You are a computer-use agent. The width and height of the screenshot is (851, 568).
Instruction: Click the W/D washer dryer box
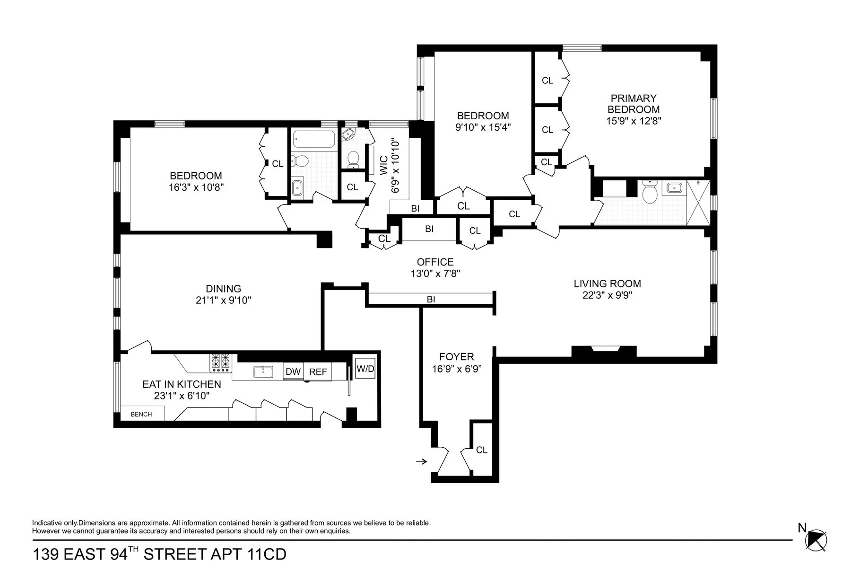[x=365, y=369]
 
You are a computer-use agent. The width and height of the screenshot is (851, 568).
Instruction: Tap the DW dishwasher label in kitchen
[x=293, y=372]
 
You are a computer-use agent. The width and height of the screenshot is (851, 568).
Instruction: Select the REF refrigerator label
[x=318, y=372]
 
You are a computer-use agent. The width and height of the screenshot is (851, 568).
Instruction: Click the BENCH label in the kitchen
[x=141, y=414]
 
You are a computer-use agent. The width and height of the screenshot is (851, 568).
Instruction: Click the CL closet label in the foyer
[x=481, y=450]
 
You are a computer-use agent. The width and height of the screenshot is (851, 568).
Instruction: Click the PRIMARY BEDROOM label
[x=634, y=104]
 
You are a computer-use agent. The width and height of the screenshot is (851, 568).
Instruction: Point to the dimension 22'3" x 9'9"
[x=608, y=295]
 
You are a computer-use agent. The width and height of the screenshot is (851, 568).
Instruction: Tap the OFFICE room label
[x=435, y=262]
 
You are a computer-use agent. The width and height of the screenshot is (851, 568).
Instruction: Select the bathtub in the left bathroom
[x=314, y=139]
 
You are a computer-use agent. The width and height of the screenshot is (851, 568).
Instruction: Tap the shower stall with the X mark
[x=698, y=203]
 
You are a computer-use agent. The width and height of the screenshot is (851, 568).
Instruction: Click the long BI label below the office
[x=431, y=300]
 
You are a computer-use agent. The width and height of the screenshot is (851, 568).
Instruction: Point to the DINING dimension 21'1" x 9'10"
[x=223, y=300]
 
